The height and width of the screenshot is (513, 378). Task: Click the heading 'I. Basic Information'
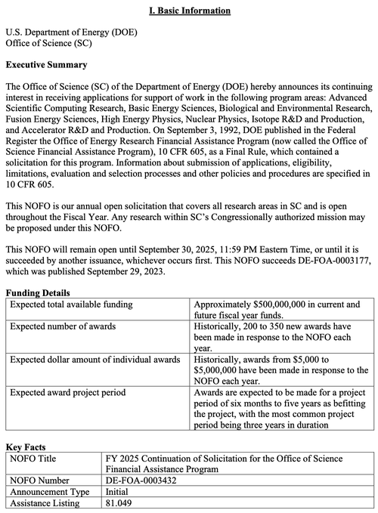(x=189, y=11)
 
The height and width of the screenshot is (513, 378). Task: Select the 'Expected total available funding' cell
(x=73, y=304)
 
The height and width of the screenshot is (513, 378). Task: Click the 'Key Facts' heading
(x=26, y=447)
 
